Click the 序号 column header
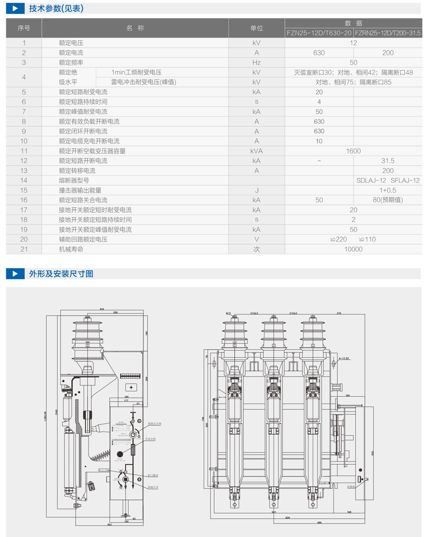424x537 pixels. pyautogui.click(x=24, y=28)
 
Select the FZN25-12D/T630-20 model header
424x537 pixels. pyautogui.click(x=319, y=33)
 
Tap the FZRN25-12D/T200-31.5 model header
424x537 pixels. pyautogui.click(x=388, y=33)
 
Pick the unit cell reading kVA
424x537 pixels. pyautogui.click(x=256, y=151)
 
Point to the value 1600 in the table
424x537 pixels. pyautogui.click(x=353, y=151)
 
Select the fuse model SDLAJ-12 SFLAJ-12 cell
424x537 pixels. pyautogui.click(x=388, y=180)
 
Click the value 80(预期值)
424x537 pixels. pyautogui.click(x=388, y=200)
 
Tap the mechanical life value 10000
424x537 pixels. pyautogui.click(x=353, y=249)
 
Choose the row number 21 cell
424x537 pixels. pyautogui.click(x=24, y=249)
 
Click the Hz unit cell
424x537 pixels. pyautogui.click(x=256, y=63)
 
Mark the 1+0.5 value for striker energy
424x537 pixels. pyautogui.click(x=388, y=190)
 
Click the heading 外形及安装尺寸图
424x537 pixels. pyautogui.click(x=61, y=274)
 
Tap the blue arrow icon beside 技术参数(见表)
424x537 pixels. pyautogui.click(x=15, y=8)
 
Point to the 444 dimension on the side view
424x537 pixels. pyautogui.click(x=102, y=308)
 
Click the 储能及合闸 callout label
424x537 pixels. pyautogui.click(x=155, y=424)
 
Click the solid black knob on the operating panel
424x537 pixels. pyautogui.click(x=119, y=454)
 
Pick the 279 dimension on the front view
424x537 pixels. pyautogui.click(x=339, y=314)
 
